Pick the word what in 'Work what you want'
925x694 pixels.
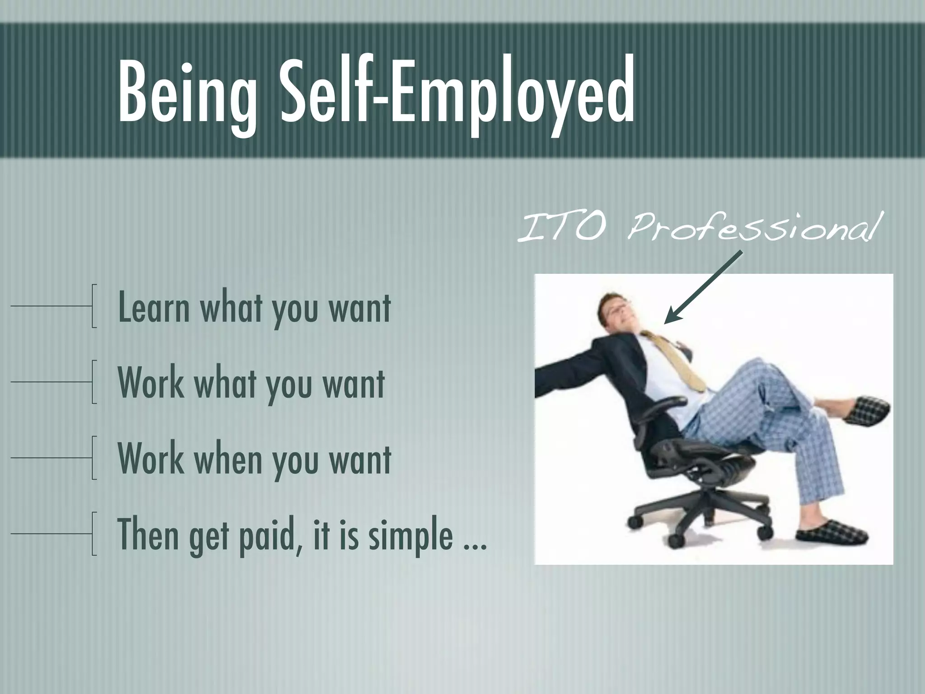click(228, 384)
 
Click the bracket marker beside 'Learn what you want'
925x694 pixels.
click(93, 306)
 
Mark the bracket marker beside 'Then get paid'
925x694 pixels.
click(93, 534)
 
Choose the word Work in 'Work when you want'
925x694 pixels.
click(151, 459)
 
